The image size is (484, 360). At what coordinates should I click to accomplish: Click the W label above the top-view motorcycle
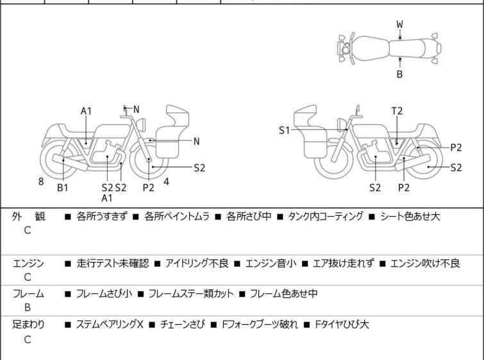pos(399,24)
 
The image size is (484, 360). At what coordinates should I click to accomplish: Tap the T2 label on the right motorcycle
pos(397,111)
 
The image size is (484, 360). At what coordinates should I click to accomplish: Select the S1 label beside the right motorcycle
pos(285,130)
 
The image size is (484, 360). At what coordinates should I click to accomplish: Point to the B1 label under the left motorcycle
pos(63,187)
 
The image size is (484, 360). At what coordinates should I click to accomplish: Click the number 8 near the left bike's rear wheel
pos(41,182)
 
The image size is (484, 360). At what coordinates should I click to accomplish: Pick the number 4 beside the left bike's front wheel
pos(167,182)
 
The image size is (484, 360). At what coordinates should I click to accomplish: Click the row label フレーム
pos(29,294)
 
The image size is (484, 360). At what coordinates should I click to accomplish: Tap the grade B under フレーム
pos(28,308)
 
